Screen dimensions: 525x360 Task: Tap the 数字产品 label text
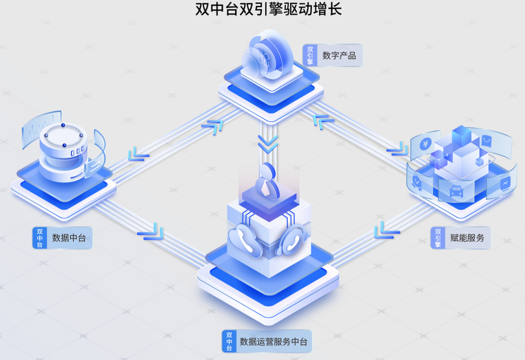(x=339, y=55)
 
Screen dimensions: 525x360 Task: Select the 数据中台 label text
(x=69, y=238)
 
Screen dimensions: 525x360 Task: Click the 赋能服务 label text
(x=467, y=238)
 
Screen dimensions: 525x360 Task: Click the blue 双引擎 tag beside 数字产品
(x=310, y=55)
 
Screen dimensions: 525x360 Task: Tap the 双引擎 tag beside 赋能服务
(x=438, y=238)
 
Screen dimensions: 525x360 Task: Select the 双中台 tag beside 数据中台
(x=39, y=238)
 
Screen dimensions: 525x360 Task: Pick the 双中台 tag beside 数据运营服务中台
(x=229, y=342)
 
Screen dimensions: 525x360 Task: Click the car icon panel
(x=456, y=191)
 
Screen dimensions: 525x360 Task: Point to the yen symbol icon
(x=424, y=144)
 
